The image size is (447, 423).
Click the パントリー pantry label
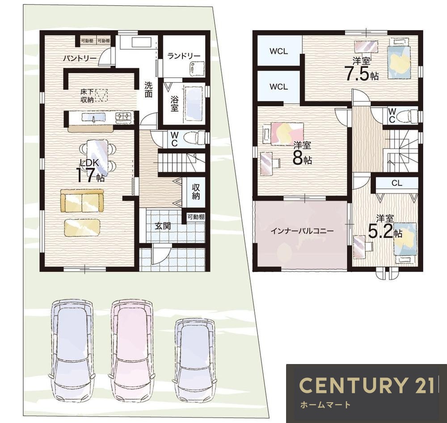click(x=80, y=59)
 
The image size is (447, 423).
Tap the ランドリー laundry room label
click(x=184, y=56)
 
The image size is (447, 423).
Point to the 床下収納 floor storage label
click(x=87, y=96)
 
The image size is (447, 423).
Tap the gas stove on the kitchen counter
click(x=124, y=117)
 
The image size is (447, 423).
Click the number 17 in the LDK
click(x=85, y=175)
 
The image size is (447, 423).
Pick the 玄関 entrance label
click(x=163, y=226)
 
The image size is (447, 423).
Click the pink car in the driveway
click(x=131, y=351)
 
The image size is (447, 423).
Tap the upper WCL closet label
click(x=278, y=51)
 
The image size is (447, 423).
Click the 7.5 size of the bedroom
click(x=357, y=73)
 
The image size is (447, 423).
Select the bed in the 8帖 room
click(x=287, y=134)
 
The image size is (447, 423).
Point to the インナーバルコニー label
click(x=302, y=231)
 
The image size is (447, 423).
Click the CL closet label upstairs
click(x=397, y=183)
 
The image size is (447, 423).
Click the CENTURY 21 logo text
click(x=367, y=385)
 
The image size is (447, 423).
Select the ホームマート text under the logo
click(x=325, y=405)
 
